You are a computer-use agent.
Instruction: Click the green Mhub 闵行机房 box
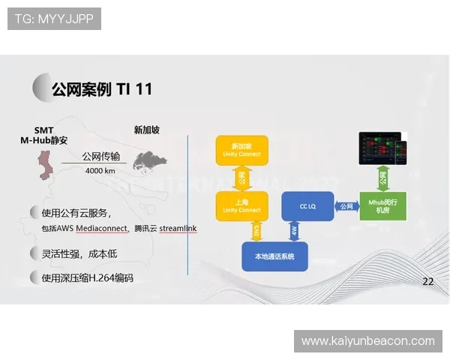(382, 205)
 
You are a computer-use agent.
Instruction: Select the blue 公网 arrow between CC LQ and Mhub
(346, 206)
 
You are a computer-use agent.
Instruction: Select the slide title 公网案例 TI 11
(101, 89)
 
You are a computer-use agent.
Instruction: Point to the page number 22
(428, 282)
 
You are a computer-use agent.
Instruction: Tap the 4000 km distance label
(100, 170)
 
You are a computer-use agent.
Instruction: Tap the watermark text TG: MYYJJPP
(55, 19)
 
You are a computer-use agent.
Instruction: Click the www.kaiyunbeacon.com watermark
(367, 341)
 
